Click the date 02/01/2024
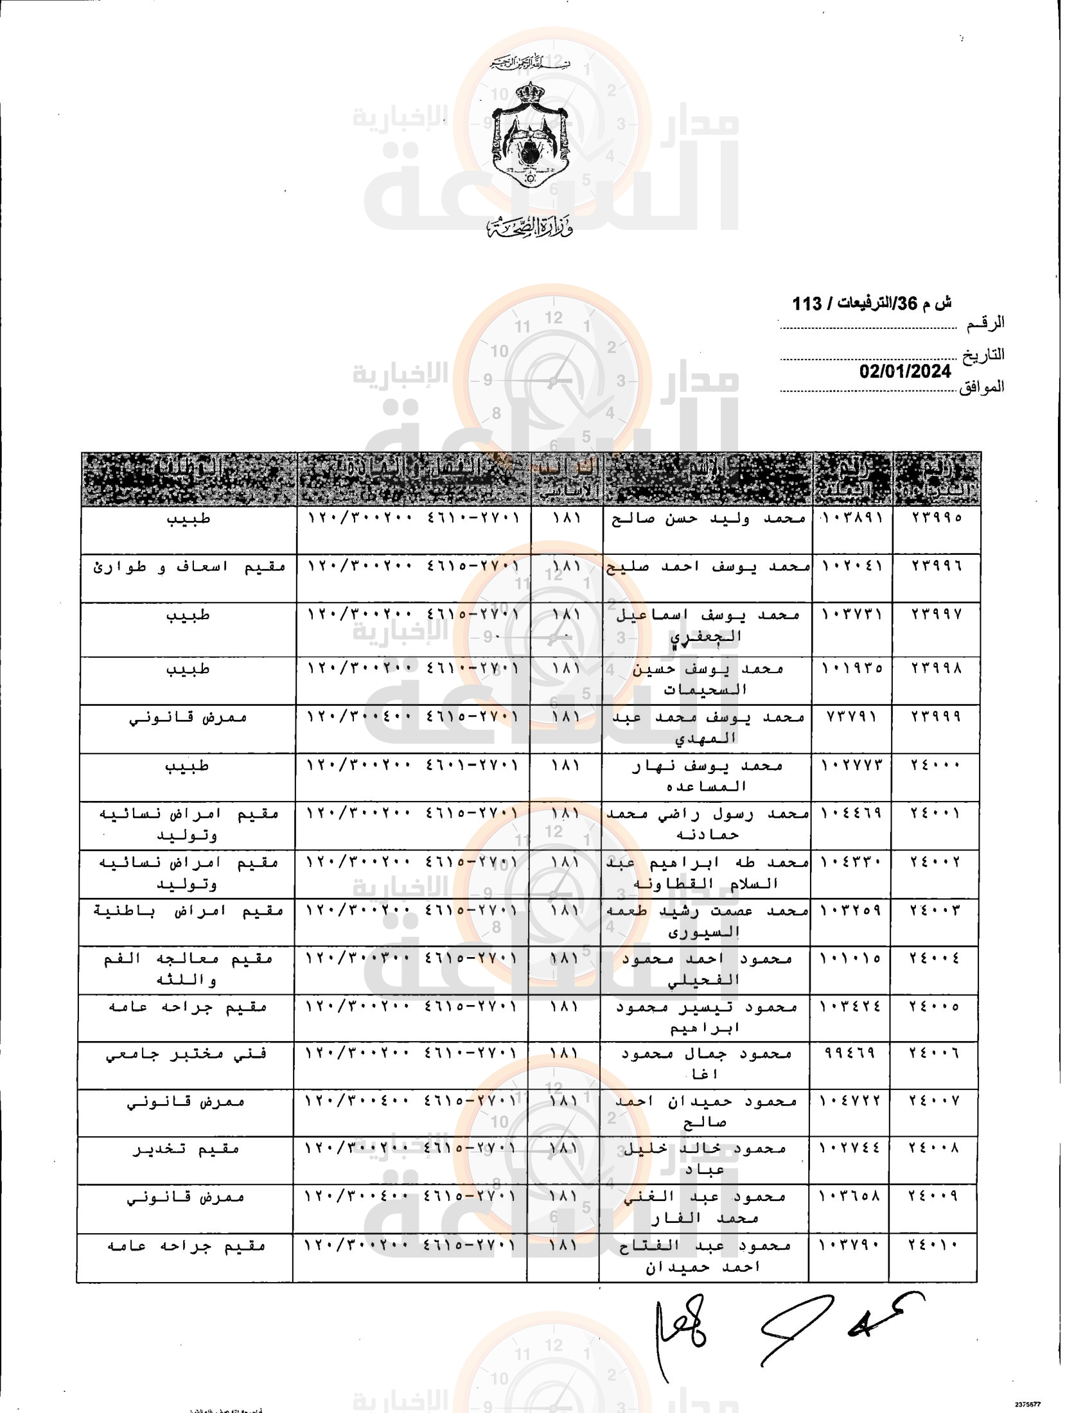pos(904,371)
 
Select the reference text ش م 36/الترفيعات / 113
pos(872,303)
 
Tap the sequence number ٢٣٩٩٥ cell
pos(936,517)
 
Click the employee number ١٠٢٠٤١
pos(852,565)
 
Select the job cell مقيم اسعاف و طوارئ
pos(189,566)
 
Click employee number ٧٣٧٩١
pos(851,716)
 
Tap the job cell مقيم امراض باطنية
pos(188,910)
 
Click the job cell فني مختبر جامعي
pos(186,1054)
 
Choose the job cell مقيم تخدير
pos(186,1149)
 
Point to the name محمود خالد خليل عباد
pos(704,1158)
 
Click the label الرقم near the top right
pos(985,322)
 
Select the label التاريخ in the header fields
pos(983,355)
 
